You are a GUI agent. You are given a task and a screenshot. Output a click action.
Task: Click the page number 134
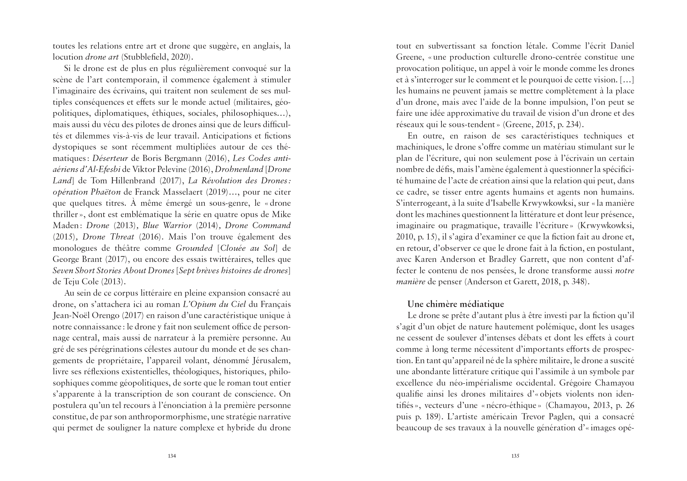pos(172,456)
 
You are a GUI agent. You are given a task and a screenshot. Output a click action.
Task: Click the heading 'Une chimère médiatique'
pos(455,304)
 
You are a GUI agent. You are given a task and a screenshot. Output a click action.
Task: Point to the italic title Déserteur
pos(110,158)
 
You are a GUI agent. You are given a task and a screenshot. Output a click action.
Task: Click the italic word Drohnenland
pos(239,169)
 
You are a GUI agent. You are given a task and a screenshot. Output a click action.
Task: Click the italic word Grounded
pos(194,248)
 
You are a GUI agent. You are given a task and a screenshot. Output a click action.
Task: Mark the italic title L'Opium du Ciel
pos(214,304)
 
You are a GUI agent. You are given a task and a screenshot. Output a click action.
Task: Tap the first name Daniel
pos(622,46)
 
